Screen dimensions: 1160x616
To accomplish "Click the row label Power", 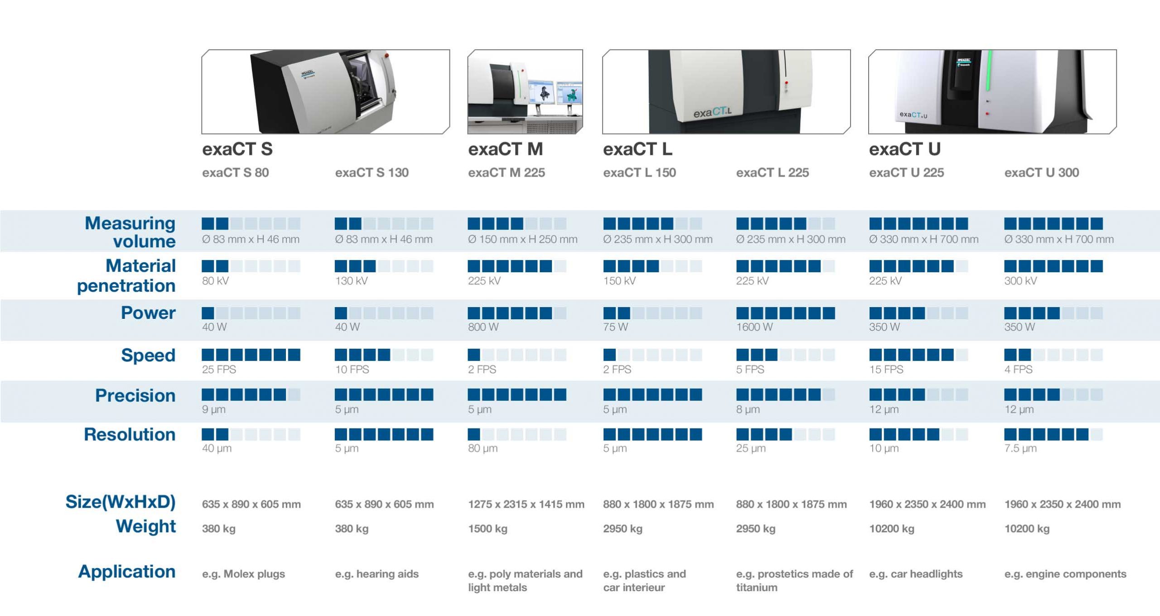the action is (x=148, y=313).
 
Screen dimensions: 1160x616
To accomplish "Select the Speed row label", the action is (x=148, y=356).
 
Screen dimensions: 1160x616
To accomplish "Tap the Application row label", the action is (x=127, y=572).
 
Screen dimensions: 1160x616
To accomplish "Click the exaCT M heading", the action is (x=505, y=149).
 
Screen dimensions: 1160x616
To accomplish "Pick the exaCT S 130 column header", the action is (x=372, y=173).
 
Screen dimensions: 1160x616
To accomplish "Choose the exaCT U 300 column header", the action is (x=1042, y=173).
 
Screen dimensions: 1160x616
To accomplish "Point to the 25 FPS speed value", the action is (x=219, y=370).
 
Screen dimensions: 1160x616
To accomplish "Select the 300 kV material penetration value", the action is (x=1020, y=281).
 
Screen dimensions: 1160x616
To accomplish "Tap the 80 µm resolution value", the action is (x=483, y=448).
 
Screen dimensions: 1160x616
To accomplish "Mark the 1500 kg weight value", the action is (x=488, y=529).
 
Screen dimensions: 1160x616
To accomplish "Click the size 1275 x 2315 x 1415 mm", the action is (x=526, y=504).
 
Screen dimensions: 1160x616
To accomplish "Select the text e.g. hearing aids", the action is (x=377, y=574).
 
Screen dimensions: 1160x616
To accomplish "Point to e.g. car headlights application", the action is (x=916, y=574).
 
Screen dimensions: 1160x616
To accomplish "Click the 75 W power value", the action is (x=615, y=327).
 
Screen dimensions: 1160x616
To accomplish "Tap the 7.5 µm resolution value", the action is (x=1020, y=448).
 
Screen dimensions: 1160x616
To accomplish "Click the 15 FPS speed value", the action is (x=886, y=370).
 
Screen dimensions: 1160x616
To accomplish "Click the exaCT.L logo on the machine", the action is (x=712, y=112).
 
